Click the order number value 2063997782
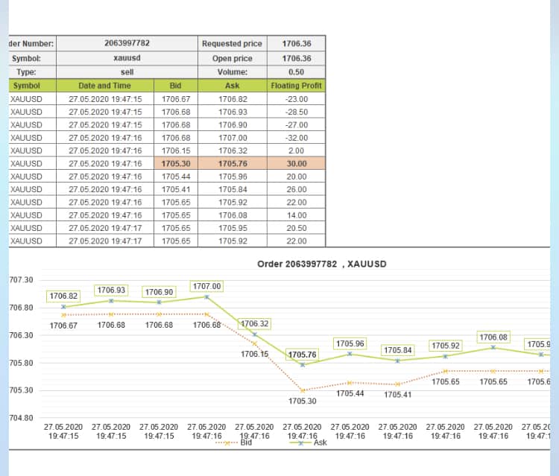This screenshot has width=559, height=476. (x=126, y=43)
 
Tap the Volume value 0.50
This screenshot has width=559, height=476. (x=296, y=72)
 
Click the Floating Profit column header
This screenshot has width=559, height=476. (x=296, y=86)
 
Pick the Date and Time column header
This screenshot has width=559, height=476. (x=104, y=86)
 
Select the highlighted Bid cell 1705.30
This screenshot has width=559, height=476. (x=176, y=163)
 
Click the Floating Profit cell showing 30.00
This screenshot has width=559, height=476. (x=296, y=163)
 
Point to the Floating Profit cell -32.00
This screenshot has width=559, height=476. (x=296, y=138)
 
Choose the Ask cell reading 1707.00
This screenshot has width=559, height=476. (x=233, y=138)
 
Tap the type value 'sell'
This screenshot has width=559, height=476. (x=126, y=72)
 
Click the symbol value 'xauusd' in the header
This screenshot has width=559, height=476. (x=126, y=58)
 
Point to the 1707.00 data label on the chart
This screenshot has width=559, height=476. (x=206, y=286)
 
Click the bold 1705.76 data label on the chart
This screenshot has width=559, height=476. (x=302, y=355)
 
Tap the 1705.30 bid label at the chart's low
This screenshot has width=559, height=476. (x=302, y=402)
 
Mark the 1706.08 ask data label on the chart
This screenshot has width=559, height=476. (x=493, y=337)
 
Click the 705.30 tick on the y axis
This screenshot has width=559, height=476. (x=21, y=390)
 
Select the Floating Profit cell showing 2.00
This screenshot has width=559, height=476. (x=296, y=150)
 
